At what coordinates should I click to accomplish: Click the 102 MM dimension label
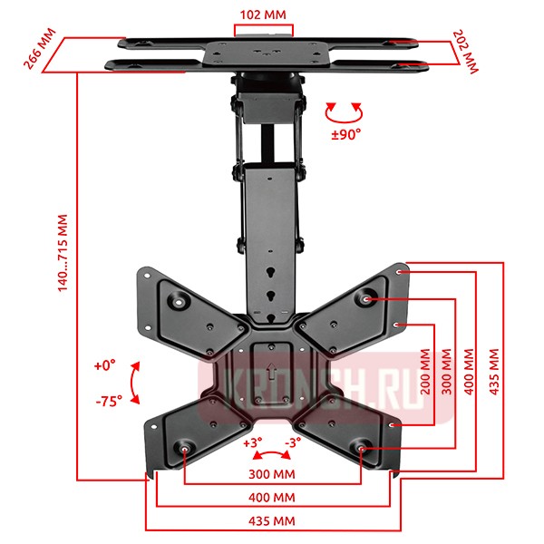coord(264,15)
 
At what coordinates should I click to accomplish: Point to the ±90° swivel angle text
coord(345,133)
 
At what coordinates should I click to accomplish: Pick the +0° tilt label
coord(104,365)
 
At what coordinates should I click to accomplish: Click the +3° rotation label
coord(253,443)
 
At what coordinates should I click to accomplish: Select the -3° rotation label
coord(293,443)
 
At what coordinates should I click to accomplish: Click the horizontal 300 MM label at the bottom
coord(273,473)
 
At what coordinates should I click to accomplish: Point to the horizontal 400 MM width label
coord(273,498)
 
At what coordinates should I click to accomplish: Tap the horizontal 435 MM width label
coord(273,522)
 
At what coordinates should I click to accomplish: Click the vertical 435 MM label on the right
coord(494,373)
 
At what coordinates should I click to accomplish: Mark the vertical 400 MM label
coord(469,373)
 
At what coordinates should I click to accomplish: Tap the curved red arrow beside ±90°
coord(344,112)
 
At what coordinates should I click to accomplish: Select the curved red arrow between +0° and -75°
coord(134,384)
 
